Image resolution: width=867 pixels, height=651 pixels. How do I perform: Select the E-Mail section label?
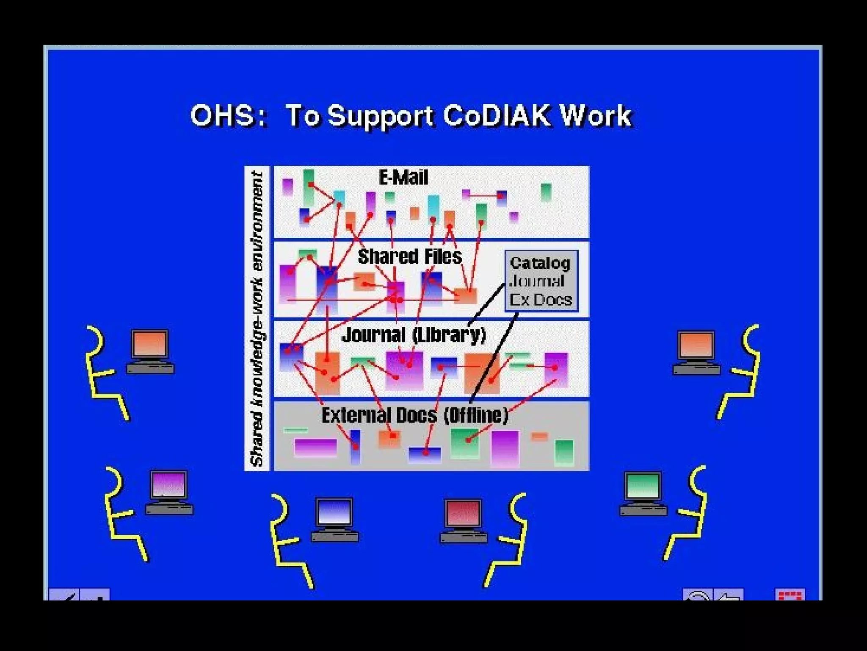[x=403, y=177]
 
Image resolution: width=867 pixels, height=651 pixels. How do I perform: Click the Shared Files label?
[x=409, y=256]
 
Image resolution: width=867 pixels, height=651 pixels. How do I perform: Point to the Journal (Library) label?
[x=414, y=335]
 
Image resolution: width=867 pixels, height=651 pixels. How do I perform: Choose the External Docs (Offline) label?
[x=414, y=415]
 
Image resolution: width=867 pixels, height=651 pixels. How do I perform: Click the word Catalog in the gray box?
[x=540, y=263]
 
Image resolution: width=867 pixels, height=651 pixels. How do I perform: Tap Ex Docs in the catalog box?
[x=541, y=300]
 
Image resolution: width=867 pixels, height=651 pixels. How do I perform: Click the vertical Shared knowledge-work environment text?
[x=257, y=318]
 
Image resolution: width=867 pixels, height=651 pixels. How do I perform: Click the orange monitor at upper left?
[x=150, y=344]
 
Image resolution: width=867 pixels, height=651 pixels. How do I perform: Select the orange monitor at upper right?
[x=696, y=345]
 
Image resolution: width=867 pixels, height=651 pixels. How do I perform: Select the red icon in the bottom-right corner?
[x=790, y=595]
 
